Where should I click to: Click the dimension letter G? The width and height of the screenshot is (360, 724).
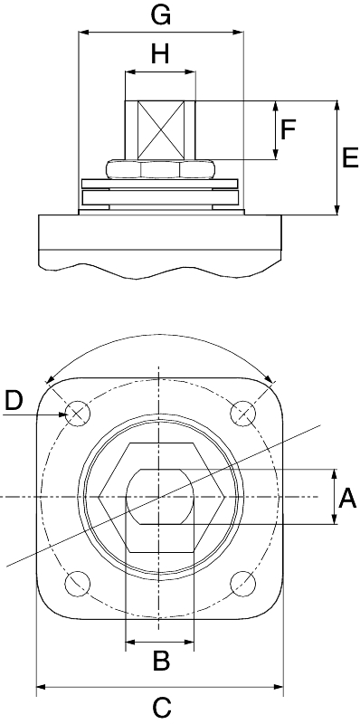(x=161, y=15)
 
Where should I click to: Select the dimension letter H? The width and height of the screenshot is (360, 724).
(x=160, y=55)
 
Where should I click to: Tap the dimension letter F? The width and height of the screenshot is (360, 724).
(x=288, y=129)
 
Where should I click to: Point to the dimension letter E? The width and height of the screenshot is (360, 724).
(x=350, y=158)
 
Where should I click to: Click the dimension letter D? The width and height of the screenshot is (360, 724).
(x=14, y=401)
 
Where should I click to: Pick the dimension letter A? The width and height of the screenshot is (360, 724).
(x=347, y=500)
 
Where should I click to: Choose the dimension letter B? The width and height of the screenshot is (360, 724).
(x=162, y=661)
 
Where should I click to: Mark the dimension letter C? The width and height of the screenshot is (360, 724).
(x=162, y=708)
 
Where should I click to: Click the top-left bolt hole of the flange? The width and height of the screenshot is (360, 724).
(x=78, y=413)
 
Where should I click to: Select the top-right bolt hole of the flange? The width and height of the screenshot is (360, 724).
(x=242, y=413)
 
